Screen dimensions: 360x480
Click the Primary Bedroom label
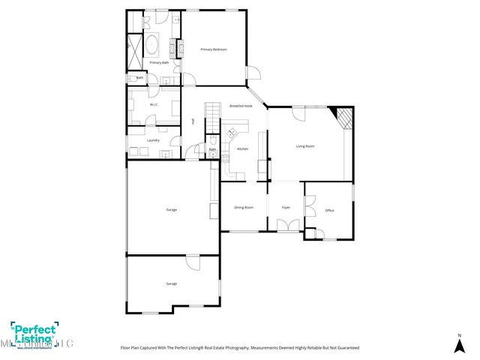(213, 49)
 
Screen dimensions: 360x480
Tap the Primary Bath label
(159, 63)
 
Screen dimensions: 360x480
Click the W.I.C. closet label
(153, 105)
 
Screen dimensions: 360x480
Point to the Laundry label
(152, 140)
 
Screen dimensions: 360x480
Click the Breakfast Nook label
(241, 106)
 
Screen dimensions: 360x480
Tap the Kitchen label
(242, 149)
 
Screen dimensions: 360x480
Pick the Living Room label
(304, 146)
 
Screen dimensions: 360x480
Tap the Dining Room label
(243, 207)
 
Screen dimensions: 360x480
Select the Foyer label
(286, 207)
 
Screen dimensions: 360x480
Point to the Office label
(329, 211)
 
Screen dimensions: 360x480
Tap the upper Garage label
(171, 209)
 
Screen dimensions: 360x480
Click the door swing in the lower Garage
(193, 262)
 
